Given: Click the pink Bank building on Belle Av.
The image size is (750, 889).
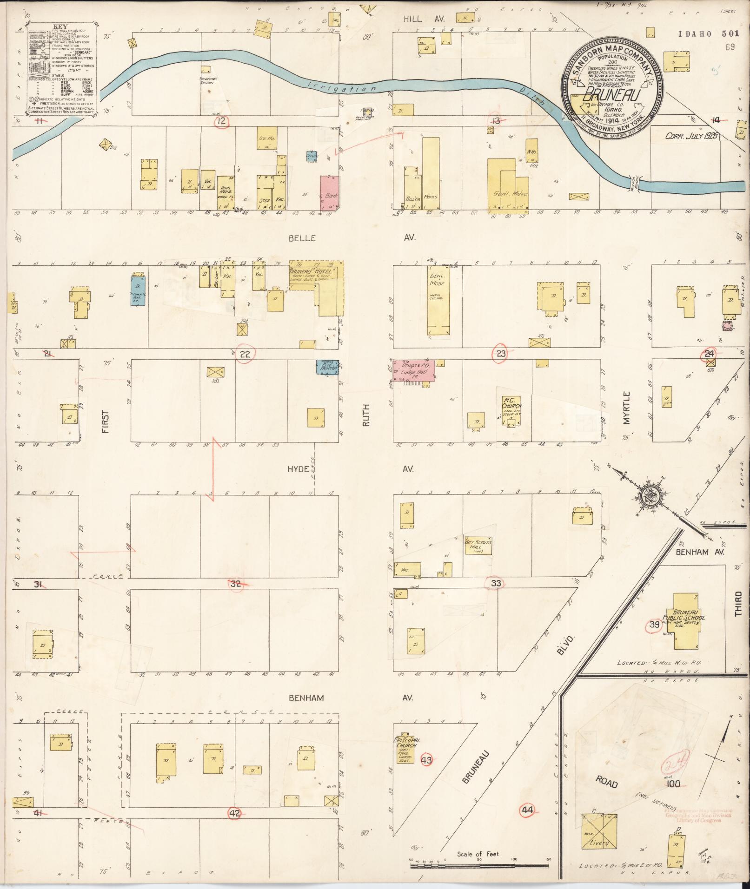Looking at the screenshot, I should coord(330,192).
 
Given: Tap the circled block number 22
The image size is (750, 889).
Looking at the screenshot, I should coord(245,354).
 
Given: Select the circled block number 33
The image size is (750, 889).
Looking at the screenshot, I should coord(496,583).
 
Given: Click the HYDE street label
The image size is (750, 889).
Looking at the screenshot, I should coord(298,469).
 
